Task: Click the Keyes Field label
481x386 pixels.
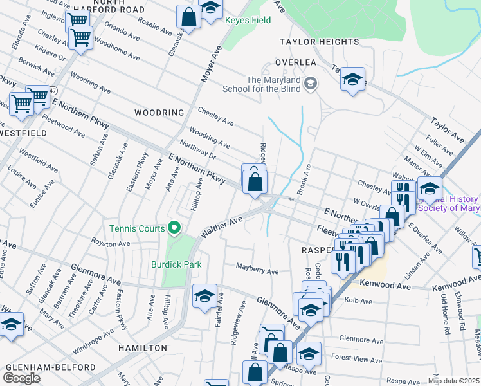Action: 248,20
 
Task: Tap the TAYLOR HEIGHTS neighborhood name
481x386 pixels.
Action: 319,42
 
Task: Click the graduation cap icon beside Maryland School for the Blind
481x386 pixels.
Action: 311,84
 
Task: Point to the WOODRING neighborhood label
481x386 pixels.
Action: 159,113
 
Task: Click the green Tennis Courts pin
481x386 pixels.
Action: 173,228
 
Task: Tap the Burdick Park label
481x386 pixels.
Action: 176,264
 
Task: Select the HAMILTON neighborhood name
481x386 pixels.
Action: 143,347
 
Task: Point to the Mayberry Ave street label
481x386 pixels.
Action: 257,270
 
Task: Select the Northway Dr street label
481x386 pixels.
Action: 197,150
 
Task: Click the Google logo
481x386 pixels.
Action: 21,378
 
